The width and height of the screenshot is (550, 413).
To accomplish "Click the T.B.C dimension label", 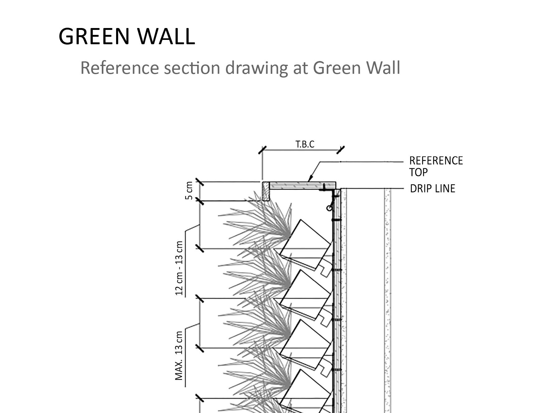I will pyautogui.click(x=305, y=144).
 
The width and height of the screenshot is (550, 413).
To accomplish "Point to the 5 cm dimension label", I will pyautogui.click(x=189, y=191).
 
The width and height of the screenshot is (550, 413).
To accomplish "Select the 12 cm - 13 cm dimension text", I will pyautogui.click(x=180, y=268).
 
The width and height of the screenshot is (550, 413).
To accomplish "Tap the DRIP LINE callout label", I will pyautogui.click(x=432, y=189).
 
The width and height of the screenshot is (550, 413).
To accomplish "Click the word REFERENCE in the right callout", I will pyautogui.click(x=436, y=161).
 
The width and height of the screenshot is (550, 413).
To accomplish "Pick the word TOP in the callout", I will pyautogui.click(x=418, y=172).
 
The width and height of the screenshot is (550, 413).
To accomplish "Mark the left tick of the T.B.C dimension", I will pyautogui.click(x=262, y=150).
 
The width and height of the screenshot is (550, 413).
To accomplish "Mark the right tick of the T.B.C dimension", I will pyautogui.click(x=341, y=150).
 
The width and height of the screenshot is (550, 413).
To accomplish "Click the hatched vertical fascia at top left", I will pyautogui.click(x=266, y=191).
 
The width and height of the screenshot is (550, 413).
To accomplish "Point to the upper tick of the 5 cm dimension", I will pyautogui.click(x=200, y=182).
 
